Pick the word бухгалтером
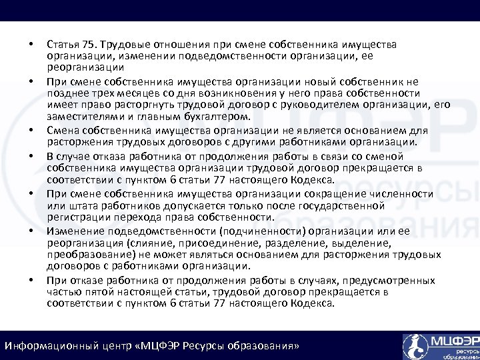(x=209, y=116)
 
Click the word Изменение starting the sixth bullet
(x=73, y=230)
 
